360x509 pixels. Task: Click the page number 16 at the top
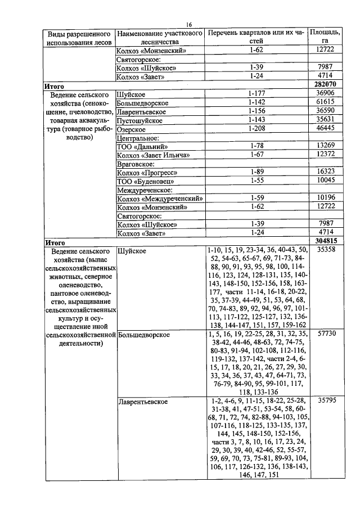point(189,24)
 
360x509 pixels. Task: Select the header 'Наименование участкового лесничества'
point(160,37)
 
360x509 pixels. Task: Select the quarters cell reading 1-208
point(256,128)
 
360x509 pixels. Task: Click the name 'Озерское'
point(130,129)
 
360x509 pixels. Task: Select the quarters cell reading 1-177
point(256,93)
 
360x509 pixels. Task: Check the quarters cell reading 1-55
point(256,181)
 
